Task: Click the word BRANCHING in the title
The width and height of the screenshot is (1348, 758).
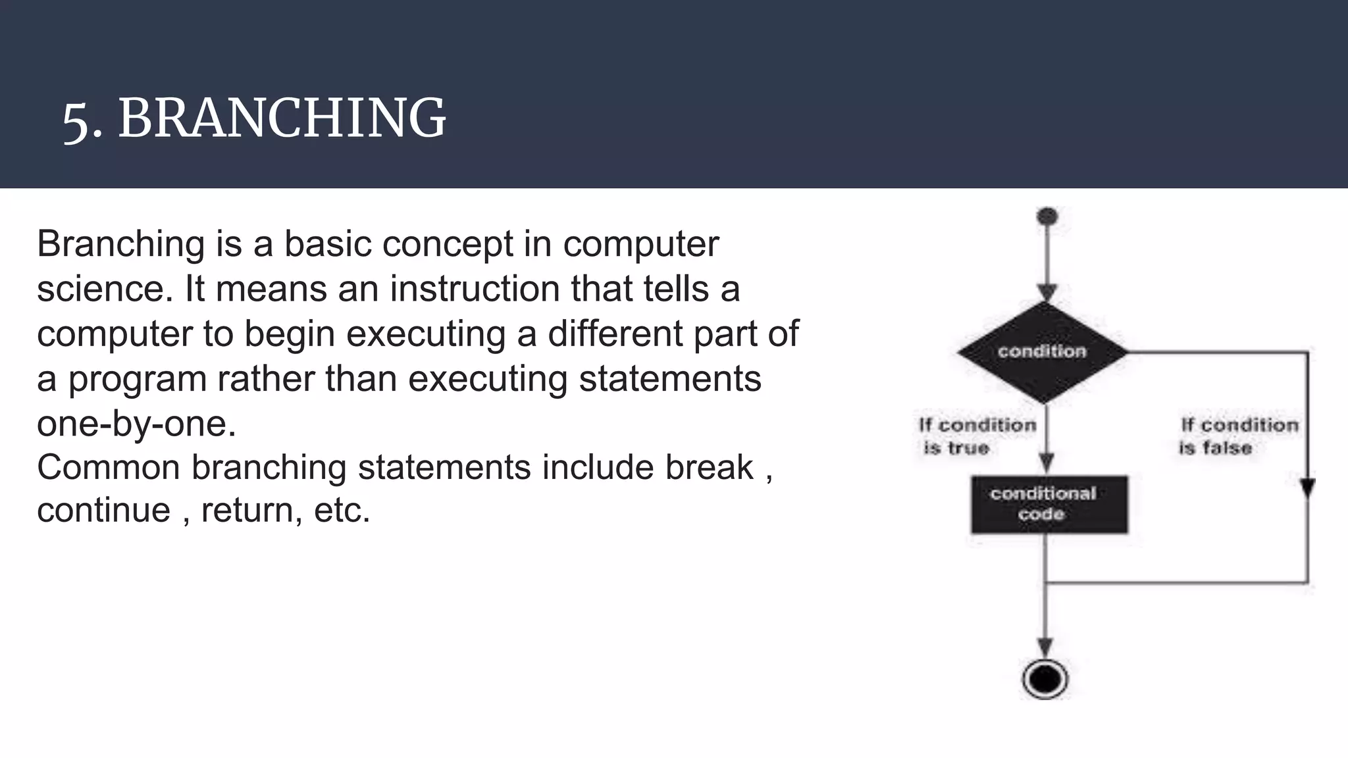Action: [x=282, y=118]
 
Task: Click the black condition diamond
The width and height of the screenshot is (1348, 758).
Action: [x=1043, y=352]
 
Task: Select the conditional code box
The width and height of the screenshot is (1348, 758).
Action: [x=1049, y=504]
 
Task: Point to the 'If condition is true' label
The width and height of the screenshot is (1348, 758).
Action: [x=977, y=436]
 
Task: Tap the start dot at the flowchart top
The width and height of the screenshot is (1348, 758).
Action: [x=1047, y=216]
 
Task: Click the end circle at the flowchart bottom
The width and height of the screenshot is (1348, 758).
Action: [x=1045, y=678]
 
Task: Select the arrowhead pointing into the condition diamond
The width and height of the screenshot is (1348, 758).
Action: [x=1047, y=292]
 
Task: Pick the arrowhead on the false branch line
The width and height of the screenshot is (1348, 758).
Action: [x=1308, y=488]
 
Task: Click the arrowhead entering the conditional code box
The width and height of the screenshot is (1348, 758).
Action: [x=1046, y=462]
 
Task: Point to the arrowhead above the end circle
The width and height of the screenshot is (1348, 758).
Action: [x=1045, y=646]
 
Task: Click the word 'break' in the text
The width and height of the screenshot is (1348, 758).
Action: [x=708, y=468]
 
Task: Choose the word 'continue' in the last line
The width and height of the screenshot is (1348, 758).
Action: [x=103, y=511]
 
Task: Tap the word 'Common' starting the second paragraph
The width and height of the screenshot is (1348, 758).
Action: [x=108, y=468]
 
